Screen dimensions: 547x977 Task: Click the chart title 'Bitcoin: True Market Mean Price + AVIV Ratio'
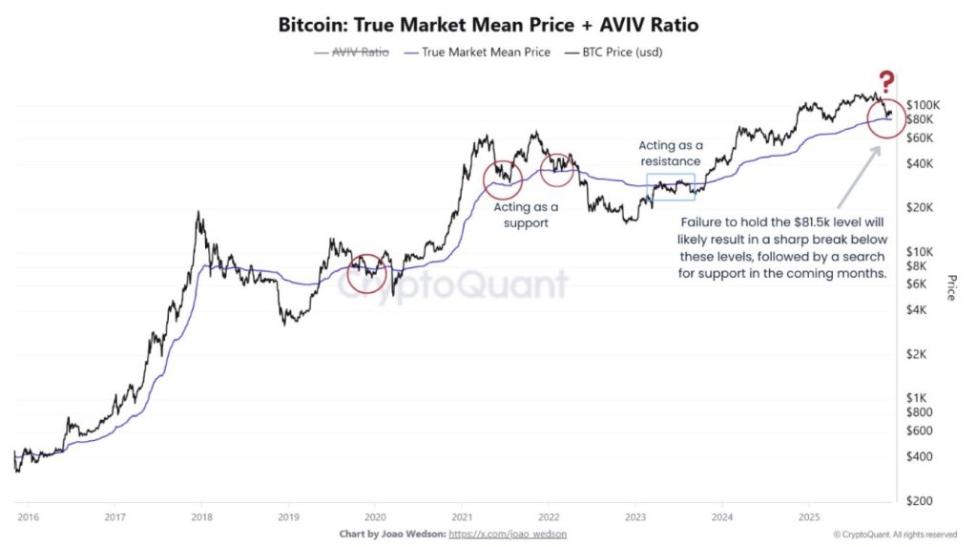click(488, 25)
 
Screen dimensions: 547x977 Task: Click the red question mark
click(887, 82)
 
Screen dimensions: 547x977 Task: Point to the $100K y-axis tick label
click(924, 104)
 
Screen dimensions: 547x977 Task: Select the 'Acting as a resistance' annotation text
click(669, 153)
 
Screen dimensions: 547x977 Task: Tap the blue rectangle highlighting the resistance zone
click(671, 187)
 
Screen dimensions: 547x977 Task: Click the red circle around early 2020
click(367, 274)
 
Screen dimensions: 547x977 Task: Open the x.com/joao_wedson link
click(507, 534)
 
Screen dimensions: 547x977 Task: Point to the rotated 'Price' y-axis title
click(950, 287)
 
